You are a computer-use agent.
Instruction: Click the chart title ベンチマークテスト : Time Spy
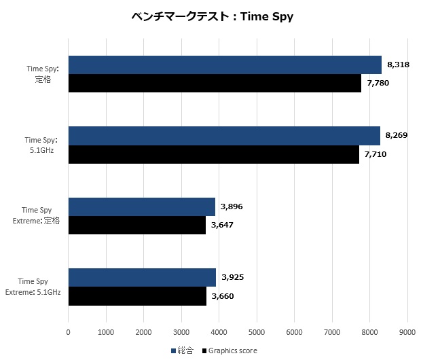212,16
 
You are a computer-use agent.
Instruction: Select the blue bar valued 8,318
225,65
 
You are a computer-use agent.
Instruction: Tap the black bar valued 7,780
215,83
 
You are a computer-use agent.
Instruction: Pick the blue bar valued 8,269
224,136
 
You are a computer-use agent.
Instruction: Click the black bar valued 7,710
213,154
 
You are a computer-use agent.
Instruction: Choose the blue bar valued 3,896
141,207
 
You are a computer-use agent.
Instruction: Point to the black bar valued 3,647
136,225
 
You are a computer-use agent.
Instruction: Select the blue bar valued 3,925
142,278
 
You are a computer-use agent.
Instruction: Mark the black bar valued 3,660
137,296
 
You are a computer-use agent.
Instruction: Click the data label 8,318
398,65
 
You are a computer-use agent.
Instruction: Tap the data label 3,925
232,278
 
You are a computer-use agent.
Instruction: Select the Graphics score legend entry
228,350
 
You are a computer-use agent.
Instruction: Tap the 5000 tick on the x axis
256,331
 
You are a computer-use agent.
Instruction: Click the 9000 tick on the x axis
407,331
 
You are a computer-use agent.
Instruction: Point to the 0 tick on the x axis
68,331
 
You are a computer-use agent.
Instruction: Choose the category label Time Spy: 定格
43,74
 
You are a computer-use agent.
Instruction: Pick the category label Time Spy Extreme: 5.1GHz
33,287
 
